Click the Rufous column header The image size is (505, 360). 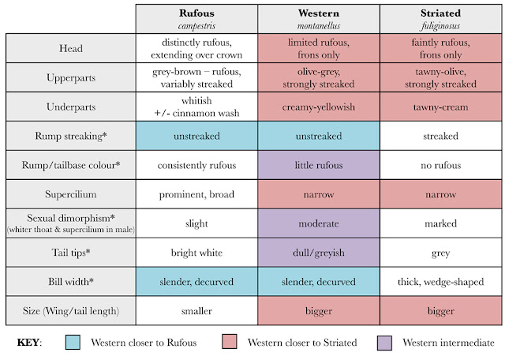click(x=196, y=19)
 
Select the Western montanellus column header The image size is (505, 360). click(x=319, y=19)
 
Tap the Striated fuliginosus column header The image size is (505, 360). click(x=440, y=19)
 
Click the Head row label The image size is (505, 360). click(x=71, y=48)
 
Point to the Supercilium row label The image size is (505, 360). click(x=71, y=194)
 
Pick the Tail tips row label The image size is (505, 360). click(x=71, y=253)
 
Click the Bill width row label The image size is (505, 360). click(x=71, y=282)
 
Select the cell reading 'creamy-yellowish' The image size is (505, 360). click(x=319, y=107)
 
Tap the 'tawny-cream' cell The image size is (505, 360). click(x=440, y=107)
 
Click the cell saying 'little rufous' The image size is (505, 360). click(x=319, y=165)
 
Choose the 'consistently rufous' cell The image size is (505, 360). click(x=196, y=165)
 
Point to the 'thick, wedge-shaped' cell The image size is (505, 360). click(x=440, y=282)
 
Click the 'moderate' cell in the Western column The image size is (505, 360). click(x=319, y=223)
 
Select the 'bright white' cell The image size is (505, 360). click(x=196, y=253)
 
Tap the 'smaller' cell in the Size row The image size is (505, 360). click(x=196, y=311)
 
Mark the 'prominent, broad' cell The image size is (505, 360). click(x=196, y=194)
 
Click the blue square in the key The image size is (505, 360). click(x=73, y=342)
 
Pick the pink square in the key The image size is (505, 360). click(x=230, y=342)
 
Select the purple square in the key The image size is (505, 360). click(x=384, y=343)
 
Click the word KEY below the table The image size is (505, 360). click(x=28, y=343)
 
